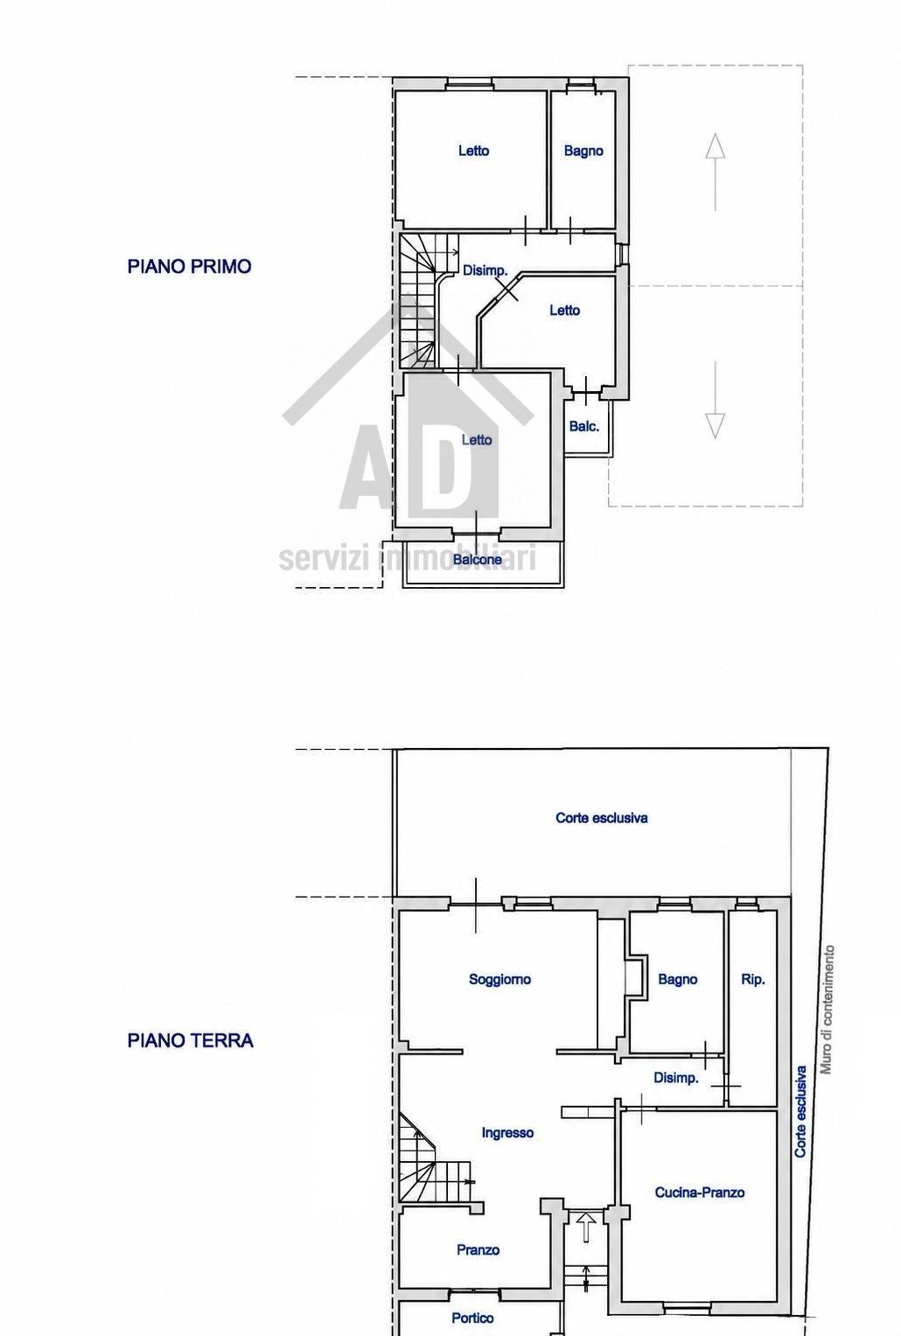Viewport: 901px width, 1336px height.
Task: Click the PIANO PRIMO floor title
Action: [x=189, y=267]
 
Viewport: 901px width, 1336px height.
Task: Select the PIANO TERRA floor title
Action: [x=190, y=1041]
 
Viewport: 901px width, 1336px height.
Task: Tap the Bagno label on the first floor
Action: [x=583, y=151]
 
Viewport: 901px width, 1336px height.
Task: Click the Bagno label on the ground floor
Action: [x=677, y=979]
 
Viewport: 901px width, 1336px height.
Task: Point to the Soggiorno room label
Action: [x=499, y=979]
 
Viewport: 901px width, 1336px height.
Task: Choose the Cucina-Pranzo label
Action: [x=700, y=1193]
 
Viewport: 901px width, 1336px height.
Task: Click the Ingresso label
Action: [x=507, y=1133]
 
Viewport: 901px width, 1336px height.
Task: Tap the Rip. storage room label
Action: [x=752, y=979]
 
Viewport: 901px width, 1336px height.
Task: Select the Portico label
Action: [x=472, y=1319]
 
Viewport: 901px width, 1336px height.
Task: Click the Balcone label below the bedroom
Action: [x=477, y=560]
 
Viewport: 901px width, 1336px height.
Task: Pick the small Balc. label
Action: [x=583, y=426]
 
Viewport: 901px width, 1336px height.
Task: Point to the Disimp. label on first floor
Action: [x=485, y=270]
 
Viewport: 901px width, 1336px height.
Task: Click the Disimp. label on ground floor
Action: [x=675, y=1078]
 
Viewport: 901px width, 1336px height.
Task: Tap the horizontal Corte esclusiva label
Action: [x=601, y=818]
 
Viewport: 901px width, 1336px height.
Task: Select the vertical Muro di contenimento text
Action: [x=827, y=1010]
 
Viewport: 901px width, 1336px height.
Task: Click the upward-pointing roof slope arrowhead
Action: [x=715, y=146]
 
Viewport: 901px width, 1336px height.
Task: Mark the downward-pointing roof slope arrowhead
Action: [x=715, y=426]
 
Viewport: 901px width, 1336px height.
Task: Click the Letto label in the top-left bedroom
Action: [x=473, y=150]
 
